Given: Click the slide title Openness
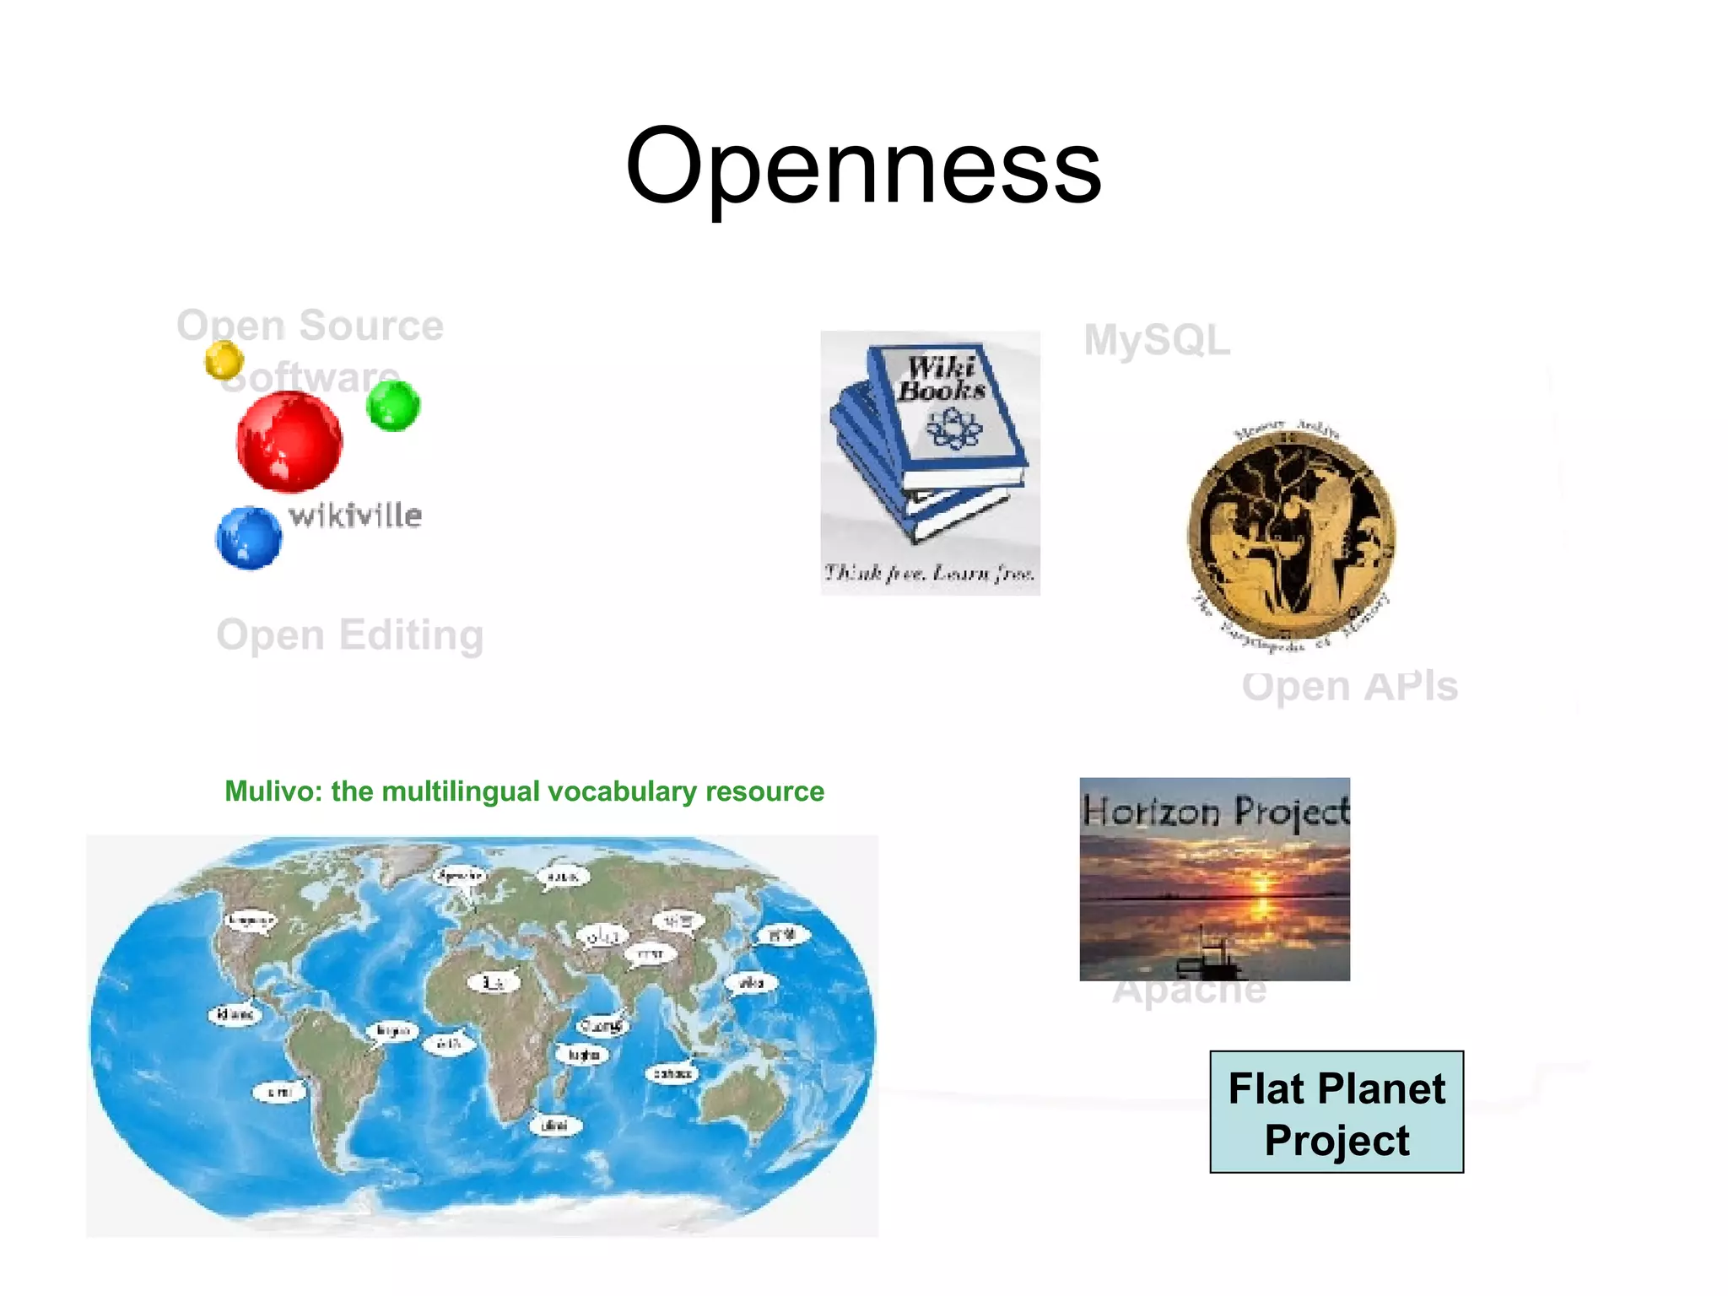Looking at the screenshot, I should tap(863, 165).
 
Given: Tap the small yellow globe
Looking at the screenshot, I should tap(224, 359).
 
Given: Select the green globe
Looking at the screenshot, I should tap(393, 405).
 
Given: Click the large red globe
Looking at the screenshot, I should tap(289, 442).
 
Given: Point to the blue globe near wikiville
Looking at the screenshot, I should tap(248, 537).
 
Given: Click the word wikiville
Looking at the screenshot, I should tap(355, 515).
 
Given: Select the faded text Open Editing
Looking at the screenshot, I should tap(350, 634).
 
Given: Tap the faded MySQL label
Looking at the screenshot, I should tap(1157, 340).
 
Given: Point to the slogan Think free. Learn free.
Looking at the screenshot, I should tap(929, 574).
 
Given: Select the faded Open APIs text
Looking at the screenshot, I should tap(1349, 686).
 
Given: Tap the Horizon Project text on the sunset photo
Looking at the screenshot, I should tap(1216, 812).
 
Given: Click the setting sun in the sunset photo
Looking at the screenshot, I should tap(1262, 883).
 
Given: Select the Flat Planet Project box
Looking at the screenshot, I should tap(1336, 1112).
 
